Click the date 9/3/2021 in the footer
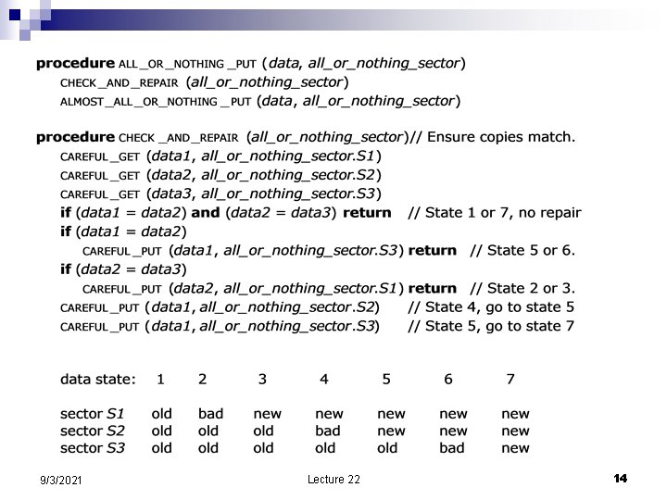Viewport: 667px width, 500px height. click(x=60, y=481)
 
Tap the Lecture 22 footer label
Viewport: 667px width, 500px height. click(x=333, y=480)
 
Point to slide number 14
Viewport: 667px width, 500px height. click(x=620, y=478)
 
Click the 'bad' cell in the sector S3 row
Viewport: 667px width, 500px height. click(x=452, y=448)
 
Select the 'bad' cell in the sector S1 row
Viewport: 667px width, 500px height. click(x=210, y=414)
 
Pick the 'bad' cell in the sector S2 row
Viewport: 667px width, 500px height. click(x=328, y=431)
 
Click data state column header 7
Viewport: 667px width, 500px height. click(x=510, y=380)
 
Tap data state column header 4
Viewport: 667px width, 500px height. click(x=323, y=380)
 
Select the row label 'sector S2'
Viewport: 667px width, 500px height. click(x=92, y=431)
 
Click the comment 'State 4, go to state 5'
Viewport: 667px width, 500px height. click(x=491, y=306)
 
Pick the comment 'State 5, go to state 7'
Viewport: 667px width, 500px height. click(x=491, y=326)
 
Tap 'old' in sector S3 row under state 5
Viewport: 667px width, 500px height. click(x=387, y=448)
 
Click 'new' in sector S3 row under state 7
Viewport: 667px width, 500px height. click(x=515, y=448)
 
